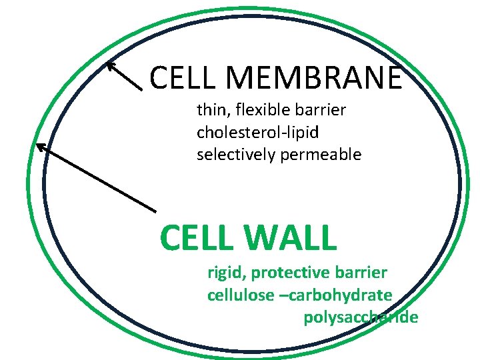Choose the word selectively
click(233, 155)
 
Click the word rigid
click(225, 273)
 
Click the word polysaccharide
click(361, 318)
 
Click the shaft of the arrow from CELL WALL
click(100, 179)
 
